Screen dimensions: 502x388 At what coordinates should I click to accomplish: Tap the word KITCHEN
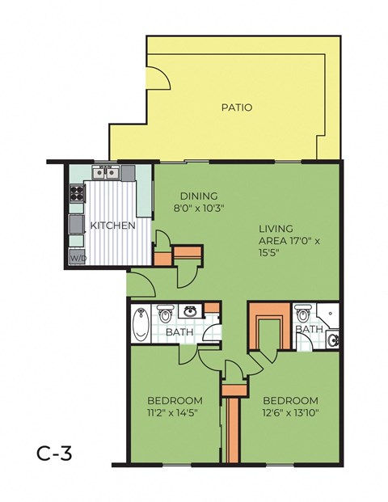[112, 226]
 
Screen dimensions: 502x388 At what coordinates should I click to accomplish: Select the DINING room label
[195, 195]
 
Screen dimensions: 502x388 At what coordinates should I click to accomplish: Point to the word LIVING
[276, 229]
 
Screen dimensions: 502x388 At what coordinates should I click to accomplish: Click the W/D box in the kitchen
[78, 259]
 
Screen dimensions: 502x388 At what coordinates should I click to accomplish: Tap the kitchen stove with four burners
[78, 193]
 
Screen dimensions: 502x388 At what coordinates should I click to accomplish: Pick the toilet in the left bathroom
[165, 312]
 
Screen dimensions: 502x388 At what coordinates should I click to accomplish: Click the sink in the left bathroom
[191, 310]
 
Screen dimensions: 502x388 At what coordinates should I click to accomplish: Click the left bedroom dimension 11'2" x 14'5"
[175, 413]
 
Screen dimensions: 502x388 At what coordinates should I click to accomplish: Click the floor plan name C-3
[55, 453]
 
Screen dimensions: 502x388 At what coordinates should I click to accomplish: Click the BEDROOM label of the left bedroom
[175, 400]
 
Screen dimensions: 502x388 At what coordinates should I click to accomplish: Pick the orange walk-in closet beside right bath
[267, 326]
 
